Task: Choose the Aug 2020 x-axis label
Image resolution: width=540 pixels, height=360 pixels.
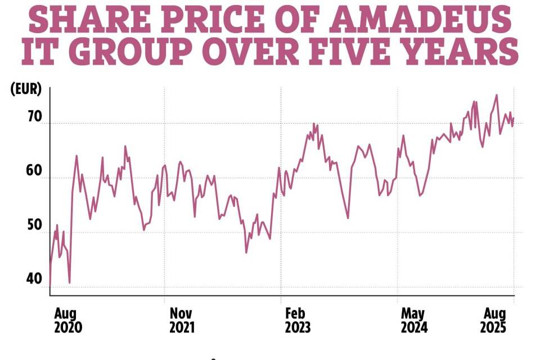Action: pos(67,320)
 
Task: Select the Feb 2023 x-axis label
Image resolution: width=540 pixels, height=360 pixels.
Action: pos(298,320)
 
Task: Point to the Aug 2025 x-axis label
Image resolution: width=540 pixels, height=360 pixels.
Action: pos(493,320)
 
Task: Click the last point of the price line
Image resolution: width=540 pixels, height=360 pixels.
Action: pos(514,118)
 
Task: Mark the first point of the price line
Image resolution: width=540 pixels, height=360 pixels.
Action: pos(50,285)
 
